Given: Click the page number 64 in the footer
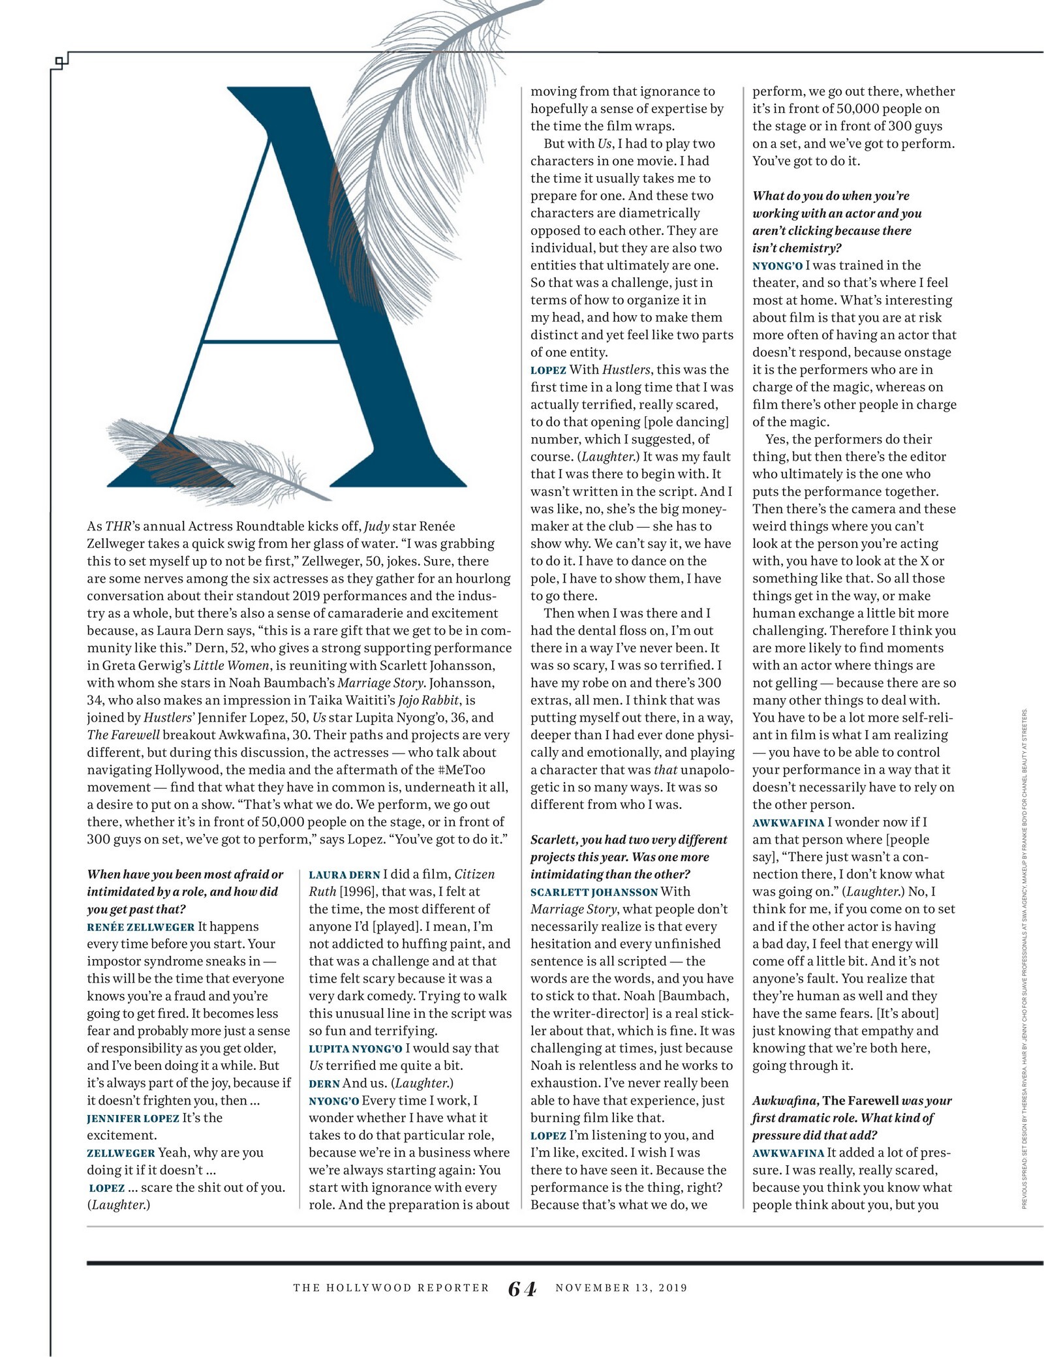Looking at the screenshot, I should point(522,1288).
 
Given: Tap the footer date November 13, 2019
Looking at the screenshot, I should point(621,1288).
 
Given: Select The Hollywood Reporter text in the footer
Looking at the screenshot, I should point(391,1288).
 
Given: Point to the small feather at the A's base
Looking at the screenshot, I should point(215,461).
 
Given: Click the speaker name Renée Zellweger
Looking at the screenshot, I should point(140,927).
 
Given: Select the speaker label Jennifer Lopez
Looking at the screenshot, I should point(132,1118).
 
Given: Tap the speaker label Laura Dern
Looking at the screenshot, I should point(344,875).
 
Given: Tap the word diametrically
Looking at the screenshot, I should point(654,213).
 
